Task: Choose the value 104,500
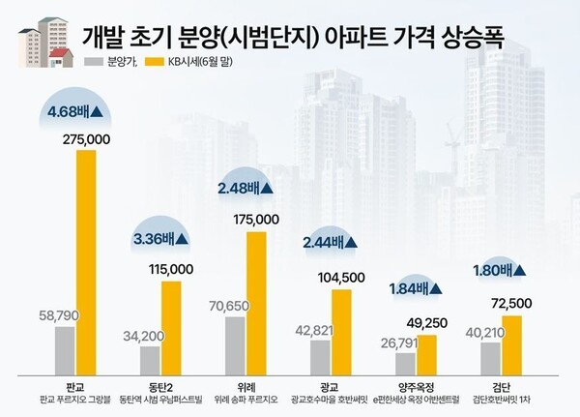[x=342, y=278]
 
